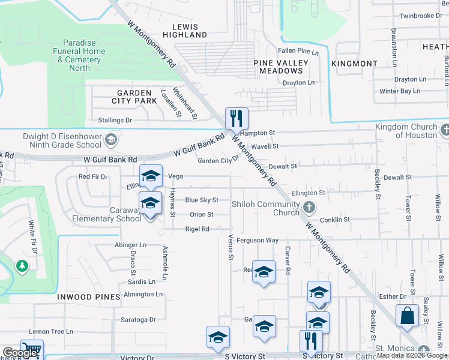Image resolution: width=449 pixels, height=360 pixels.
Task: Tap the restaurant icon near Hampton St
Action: click(237, 117)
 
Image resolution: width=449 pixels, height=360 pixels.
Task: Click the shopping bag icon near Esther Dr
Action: click(407, 316)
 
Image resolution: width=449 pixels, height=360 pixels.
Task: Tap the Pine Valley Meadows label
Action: click(281, 67)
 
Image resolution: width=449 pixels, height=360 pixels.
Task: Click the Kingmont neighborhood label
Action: click(354, 63)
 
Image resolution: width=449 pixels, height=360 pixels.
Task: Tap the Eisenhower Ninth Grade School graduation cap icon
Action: click(110, 140)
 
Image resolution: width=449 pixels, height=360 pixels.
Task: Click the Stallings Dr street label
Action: click(115, 121)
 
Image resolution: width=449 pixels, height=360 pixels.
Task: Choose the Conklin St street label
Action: click(335, 220)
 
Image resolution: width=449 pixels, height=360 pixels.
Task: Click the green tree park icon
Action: click(22, 265)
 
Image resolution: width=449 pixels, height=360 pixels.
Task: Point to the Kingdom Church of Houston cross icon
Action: click(445, 130)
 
